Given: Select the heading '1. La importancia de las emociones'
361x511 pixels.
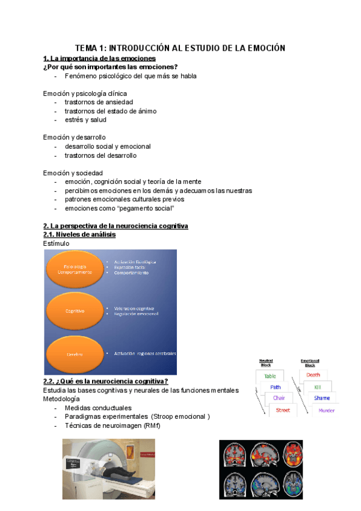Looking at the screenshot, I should point(99,58).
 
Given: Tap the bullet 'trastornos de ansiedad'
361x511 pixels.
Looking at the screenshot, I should point(99,102).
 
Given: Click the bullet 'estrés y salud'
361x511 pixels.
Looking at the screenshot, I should point(85,119).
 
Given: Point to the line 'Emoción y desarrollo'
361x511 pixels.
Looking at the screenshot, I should point(74,137).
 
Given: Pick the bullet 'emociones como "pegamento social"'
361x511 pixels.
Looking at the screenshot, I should point(119,208).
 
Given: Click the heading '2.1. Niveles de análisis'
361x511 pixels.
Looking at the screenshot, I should point(79,234).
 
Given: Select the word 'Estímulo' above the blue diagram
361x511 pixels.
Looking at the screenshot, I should point(56,243).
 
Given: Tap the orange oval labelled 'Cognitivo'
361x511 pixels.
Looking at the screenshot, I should point(75,311).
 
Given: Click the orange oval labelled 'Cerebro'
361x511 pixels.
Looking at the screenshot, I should point(75,354).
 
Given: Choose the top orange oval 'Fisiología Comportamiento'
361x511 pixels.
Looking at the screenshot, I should point(75,269).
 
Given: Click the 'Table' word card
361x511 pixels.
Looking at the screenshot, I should point(269,376).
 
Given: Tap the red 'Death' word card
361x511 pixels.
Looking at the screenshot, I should point(313,375).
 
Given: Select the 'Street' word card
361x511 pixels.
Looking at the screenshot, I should point(283,410).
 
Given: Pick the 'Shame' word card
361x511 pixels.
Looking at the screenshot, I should point(322,398).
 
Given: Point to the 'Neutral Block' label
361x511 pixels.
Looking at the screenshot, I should point(266,362).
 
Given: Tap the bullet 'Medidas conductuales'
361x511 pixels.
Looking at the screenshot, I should point(98,408).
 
